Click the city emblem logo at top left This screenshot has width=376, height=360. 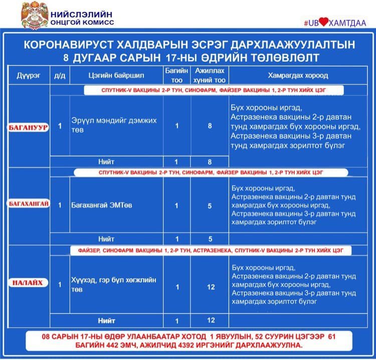(x=35, y=15)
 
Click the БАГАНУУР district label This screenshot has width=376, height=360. (x=28, y=127)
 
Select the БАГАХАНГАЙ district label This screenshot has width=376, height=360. (x=28, y=205)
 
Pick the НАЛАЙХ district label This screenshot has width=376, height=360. (x=28, y=283)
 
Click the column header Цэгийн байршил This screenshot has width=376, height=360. (x=115, y=76)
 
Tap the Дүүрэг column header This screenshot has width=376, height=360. (x=28, y=76)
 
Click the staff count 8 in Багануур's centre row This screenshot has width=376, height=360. (x=210, y=126)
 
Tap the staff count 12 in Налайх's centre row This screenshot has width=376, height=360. (x=211, y=287)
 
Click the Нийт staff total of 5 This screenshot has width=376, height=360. (x=210, y=239)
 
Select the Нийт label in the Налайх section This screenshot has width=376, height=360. (x=106, y=320)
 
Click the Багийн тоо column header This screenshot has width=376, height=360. (x=176, y=76)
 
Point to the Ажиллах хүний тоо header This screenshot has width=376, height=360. (x=210, y=76)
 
